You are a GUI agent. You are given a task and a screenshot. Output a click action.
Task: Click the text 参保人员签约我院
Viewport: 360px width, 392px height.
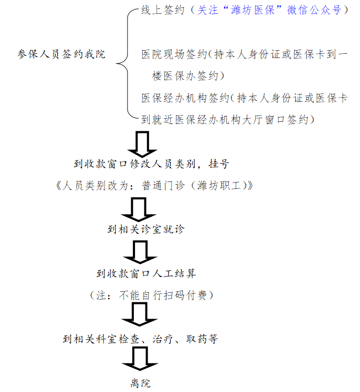tap(61, 54)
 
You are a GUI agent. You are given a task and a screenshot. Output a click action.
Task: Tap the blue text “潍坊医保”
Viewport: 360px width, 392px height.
tap(253, 10)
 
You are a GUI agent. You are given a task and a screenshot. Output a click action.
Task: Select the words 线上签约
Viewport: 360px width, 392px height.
tap(163, 10)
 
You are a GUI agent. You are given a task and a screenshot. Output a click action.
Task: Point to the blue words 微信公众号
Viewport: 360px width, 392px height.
tap(314, 10)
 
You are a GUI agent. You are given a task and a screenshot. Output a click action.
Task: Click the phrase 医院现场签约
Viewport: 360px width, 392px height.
tap(174, 54)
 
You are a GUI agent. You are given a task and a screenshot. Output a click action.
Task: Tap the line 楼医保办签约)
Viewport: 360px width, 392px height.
tap(188, 76)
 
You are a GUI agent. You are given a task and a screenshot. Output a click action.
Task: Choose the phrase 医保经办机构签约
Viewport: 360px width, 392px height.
tap(185, 98)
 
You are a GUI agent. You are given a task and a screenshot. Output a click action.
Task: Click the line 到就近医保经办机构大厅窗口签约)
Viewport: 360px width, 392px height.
tap(228, 120)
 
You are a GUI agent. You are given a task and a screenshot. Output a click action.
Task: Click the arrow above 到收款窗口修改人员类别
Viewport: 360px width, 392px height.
tap(142, 144)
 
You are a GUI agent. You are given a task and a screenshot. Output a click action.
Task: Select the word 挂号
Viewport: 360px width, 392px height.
tap(219, 164)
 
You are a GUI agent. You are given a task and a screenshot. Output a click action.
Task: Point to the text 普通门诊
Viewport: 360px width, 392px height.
tap(163, 186)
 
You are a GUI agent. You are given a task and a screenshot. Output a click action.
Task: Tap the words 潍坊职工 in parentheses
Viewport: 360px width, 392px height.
tap(219, 186)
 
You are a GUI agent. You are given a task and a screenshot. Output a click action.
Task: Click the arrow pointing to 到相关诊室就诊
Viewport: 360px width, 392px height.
tap(139, 209)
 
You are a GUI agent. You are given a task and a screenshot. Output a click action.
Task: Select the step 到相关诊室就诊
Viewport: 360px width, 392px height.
tap(146, 229)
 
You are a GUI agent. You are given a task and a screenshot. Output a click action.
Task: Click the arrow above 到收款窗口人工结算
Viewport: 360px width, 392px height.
tap(140, 252)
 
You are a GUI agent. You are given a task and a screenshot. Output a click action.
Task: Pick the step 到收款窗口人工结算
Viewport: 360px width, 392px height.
tap(146, 273)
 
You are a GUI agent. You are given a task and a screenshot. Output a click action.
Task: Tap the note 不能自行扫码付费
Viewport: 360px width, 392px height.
tap(163, 295)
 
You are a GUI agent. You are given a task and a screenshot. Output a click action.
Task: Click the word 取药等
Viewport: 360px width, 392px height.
tap(202, 339)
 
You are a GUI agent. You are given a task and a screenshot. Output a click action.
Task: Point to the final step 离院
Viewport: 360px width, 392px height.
tap(140, 383)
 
